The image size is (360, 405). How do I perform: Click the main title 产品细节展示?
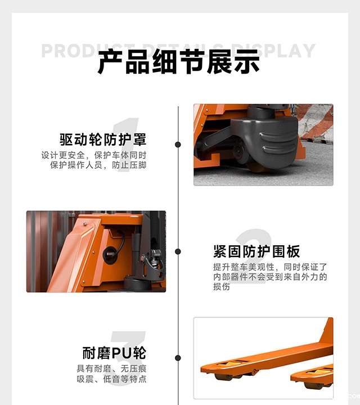point(179,62)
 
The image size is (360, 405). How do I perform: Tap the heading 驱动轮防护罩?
point(103,139)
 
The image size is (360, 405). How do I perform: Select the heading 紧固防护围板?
point(256,251)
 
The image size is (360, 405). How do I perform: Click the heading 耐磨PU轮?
point(114,353)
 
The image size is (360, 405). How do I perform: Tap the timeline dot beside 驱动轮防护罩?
point(178,145)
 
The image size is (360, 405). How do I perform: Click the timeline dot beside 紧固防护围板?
point(178,251)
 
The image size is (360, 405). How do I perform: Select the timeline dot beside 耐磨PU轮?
point(178,358)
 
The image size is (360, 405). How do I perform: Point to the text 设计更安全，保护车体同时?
point(94,155)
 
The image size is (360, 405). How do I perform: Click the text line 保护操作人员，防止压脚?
point(98,165)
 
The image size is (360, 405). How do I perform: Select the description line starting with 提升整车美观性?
point(270,267)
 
